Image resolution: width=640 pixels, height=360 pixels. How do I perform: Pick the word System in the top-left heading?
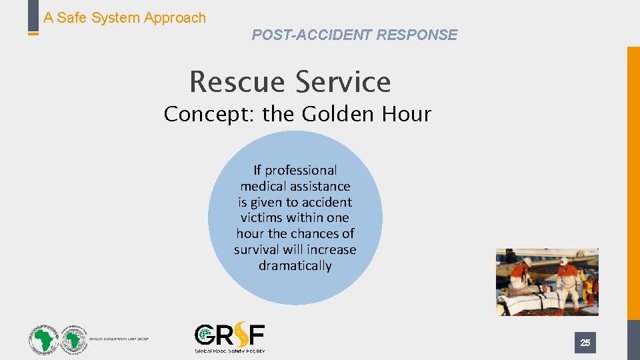coord(117,18)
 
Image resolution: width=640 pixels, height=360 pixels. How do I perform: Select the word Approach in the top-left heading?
coord(175,18)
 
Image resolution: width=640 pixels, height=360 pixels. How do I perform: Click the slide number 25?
coord(585,343)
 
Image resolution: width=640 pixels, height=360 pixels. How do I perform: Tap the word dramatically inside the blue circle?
coord(295,266)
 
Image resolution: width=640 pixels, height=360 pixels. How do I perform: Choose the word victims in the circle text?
coord(261,218)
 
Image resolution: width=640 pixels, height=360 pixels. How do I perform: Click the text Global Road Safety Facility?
coord(229,350)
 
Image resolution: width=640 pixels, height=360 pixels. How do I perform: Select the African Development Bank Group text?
coord(120,339)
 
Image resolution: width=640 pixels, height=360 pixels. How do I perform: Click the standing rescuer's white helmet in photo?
coord(564,261)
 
